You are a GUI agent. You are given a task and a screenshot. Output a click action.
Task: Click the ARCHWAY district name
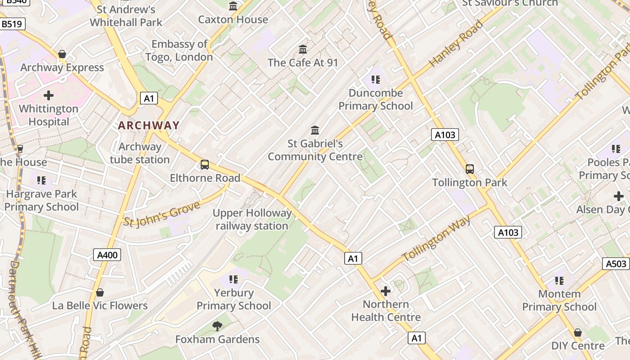(x=148, y=126)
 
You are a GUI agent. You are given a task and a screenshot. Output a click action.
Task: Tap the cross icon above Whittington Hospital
(x=49, y=95)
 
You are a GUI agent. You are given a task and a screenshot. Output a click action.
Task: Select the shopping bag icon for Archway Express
(x=62, y=54)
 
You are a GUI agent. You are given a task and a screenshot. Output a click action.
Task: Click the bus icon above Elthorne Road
(x=205, y=165)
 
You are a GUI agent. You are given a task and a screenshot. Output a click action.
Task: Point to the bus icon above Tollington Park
(x=470, y=169)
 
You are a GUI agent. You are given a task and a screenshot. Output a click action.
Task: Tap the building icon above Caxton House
(x=233, y=6)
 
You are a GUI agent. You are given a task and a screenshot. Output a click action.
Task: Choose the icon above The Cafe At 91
(x=303, y=49)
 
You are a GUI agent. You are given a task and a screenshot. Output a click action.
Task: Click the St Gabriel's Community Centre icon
(x=315, y=130)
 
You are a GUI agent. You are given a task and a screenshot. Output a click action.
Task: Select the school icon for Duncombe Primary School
(x=376, y=80)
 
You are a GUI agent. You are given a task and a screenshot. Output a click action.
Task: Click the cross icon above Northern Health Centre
(x=386, y=291)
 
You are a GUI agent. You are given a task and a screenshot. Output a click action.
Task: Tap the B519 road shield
(x=12, y=24)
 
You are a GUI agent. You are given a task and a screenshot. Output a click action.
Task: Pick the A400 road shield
(x=108, y=255)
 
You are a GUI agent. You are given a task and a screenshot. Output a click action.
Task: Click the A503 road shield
(x=616, y=264)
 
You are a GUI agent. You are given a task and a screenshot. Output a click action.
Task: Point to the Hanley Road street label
(x=456, y=44)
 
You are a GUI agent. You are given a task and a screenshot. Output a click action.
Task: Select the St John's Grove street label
(x=162, y=214)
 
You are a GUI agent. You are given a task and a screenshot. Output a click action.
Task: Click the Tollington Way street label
(x=436, y=239)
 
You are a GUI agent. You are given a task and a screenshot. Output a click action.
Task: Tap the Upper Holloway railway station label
(x=252, y=220)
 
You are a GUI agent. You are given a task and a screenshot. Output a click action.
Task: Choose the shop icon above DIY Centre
(x=578, y=333)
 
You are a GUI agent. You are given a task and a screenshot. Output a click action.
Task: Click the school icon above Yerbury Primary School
(x=233, y=279)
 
